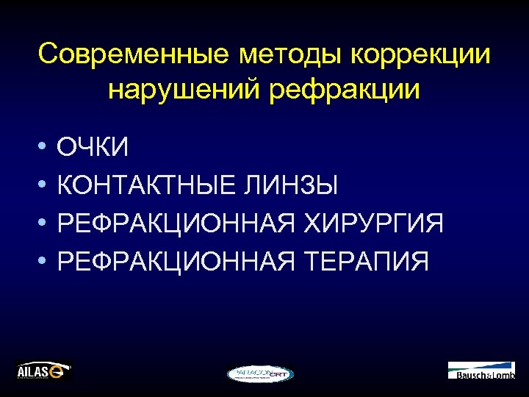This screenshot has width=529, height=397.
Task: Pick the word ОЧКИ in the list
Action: pyautogui.click(x=93, y=148)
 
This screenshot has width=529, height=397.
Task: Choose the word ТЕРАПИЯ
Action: pyautogui.click(x=363, y=260)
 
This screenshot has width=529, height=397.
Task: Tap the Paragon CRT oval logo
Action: pyautogui.click(x=260, y=373)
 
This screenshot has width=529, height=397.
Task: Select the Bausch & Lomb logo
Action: pyautogui.click(x=481, y=370)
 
